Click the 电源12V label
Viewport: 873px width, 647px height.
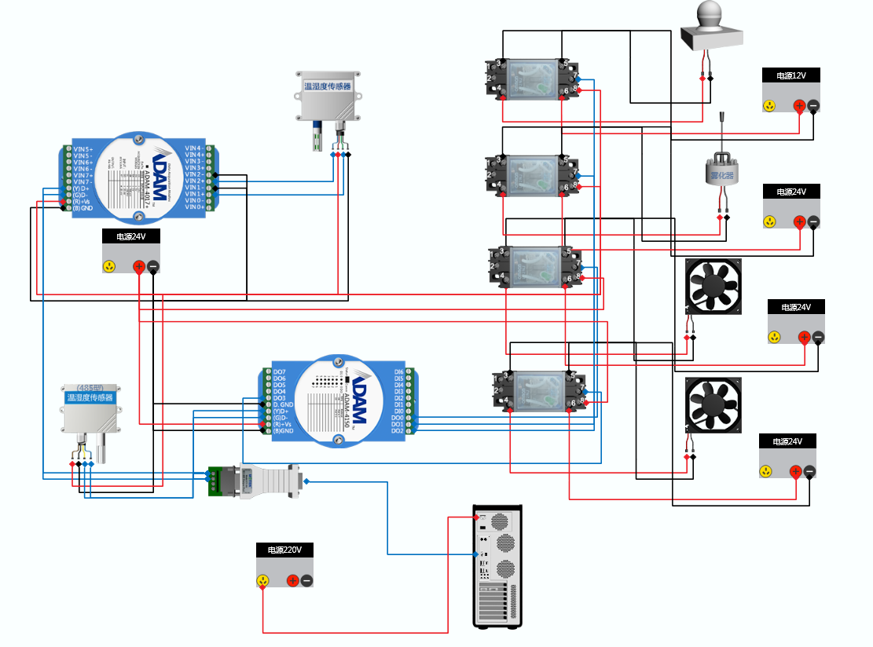click(x=791, y=75)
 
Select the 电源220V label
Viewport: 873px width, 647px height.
click(x=284, y=550)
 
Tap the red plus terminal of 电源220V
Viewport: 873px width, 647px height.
click(x=292, y=581)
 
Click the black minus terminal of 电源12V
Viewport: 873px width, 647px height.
click(x=813, y=106)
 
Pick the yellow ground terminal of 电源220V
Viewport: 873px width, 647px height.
click(x=263, y=581)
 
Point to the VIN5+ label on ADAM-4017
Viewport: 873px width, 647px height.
click(x=83, y=148)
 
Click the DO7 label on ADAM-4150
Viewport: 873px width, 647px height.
click(x=279, y=372)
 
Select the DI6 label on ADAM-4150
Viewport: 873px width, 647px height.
click(x=398, y=372)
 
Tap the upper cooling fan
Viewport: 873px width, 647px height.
click(x=714, y=287)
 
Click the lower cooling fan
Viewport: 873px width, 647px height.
click(x=714, y=405)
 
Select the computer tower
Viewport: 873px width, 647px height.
click(x=497, y=565)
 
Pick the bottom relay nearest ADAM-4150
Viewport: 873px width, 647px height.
click(x=539, y=392)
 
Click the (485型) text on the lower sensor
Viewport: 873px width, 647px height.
click(x=91, y=387)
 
